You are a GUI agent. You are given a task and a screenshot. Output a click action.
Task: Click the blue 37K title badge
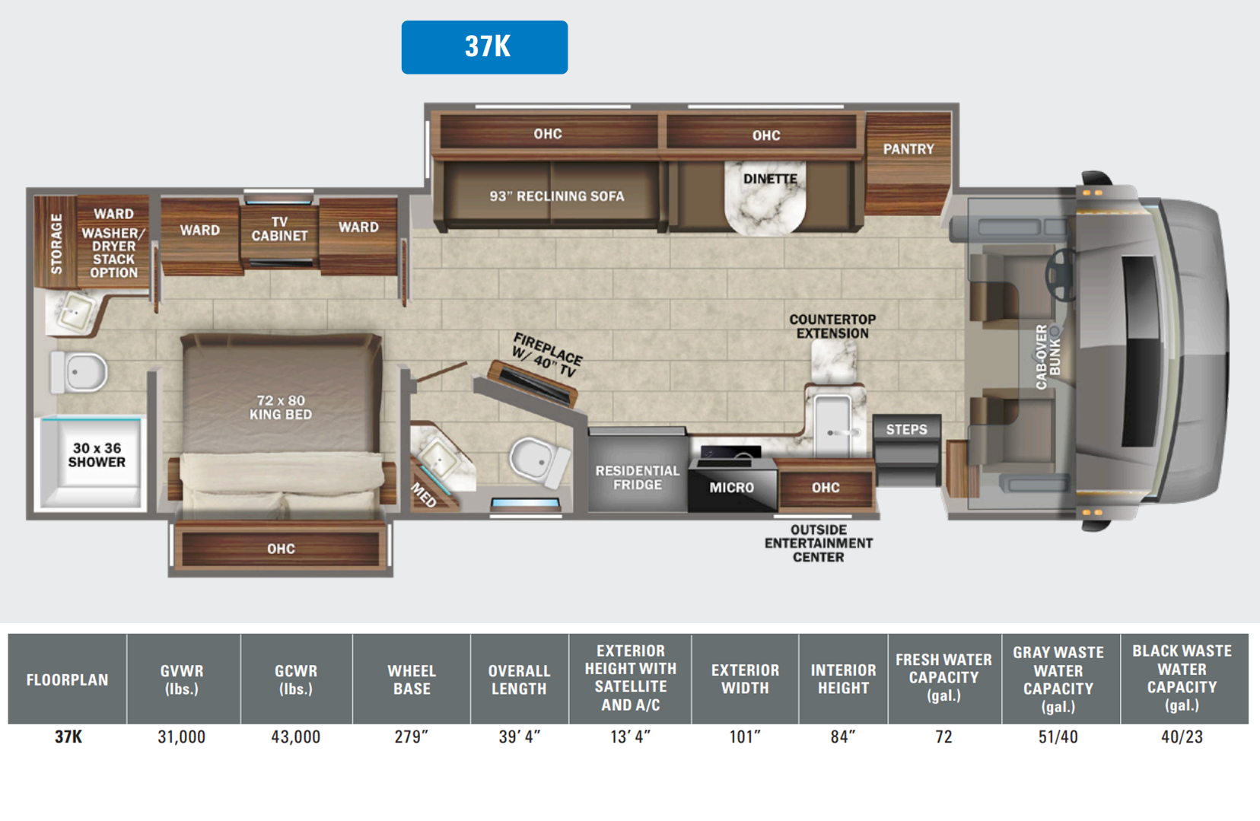484,47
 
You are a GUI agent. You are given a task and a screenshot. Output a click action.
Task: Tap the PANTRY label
908,149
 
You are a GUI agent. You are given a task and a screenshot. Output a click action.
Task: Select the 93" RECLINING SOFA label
556,196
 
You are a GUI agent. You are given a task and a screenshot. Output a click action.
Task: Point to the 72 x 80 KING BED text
281,407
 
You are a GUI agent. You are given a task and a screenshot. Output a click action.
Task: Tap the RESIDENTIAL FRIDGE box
637,478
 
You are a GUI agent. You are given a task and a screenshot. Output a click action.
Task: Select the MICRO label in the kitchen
731,488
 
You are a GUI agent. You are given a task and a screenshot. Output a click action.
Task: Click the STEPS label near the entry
906,429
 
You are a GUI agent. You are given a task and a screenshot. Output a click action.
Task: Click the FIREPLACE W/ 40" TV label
546,355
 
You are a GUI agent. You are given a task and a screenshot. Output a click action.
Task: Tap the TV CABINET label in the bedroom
279,229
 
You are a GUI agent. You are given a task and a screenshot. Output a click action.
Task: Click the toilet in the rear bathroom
81,372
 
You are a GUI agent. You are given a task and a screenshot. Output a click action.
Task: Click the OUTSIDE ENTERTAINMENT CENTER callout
818,543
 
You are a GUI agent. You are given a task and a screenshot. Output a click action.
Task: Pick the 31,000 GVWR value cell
181,737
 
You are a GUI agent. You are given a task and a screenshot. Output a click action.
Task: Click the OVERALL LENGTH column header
518,679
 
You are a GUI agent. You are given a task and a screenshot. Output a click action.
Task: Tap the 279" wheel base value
411,737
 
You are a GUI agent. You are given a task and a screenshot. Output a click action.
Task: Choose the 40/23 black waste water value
1181,737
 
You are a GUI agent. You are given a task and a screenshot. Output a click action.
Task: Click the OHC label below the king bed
281,549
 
